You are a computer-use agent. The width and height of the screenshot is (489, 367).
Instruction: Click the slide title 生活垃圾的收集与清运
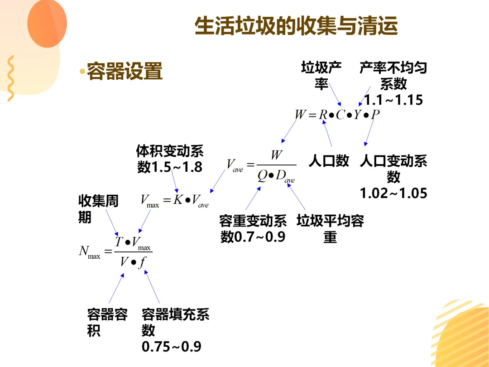pyautogui.click(x=296, y=26)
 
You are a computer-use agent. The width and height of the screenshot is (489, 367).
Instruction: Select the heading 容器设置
pyautogui.click(x=125, y=71)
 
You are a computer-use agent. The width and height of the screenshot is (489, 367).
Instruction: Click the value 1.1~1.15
pyautogui.click(x=393, y=100)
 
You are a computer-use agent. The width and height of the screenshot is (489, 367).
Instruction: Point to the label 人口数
pyautogui.click(x=329, y=161)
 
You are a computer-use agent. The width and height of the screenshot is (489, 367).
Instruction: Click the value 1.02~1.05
pyautogui.click(x=393, y=193)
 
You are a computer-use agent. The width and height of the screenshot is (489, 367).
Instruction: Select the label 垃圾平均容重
pyautogui.click(x=330, y=229)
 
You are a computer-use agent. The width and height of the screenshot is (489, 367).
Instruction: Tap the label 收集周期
pyautogui.click(x=98, y=209)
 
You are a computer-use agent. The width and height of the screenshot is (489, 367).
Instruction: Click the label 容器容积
pyautogui.click(x=107, y=322)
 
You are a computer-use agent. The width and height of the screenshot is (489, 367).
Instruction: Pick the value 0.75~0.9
pyautogui.click(x=172, y=347)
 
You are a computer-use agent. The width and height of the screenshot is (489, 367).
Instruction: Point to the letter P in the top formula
pyautogui.click(x=375, y=115)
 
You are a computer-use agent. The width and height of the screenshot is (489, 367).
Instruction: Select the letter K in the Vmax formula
pyautogui.click(x=178, y=200)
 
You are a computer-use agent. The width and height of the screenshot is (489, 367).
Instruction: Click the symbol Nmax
pyautogui.click(x=89, y=252)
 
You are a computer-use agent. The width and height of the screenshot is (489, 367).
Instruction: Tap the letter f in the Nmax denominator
pyautogui.click(x=142, y=262)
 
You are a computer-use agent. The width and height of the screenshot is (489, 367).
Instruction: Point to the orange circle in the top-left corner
pyautogui.click(x=47, y=23)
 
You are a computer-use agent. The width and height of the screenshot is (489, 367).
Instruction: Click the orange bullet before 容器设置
pyautogui.click(x=82, y=72)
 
